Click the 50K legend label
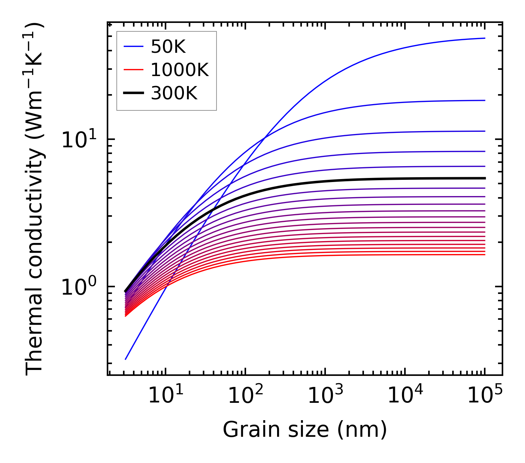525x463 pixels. (x=168, y=47)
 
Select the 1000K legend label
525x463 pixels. (x=180, y=70)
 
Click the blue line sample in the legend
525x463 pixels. (x=133, y=47)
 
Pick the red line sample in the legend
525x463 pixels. (x=133, y=70)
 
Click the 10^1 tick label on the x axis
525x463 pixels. (x=166, y=396)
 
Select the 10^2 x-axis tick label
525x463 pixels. (x=245, y=396)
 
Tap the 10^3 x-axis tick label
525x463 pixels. (x=325, y=396)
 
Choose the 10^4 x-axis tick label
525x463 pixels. (x=405, y=396)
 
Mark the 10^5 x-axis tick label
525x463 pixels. (x=485, y=396)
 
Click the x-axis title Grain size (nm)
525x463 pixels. (x=305, y=430)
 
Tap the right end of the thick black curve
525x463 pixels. (x=484, y=178)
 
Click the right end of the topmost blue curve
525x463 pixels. (x=484, y=38)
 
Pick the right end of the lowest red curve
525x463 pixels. (x=484, y=255)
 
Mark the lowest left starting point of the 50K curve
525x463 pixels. (x=126, y=359)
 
